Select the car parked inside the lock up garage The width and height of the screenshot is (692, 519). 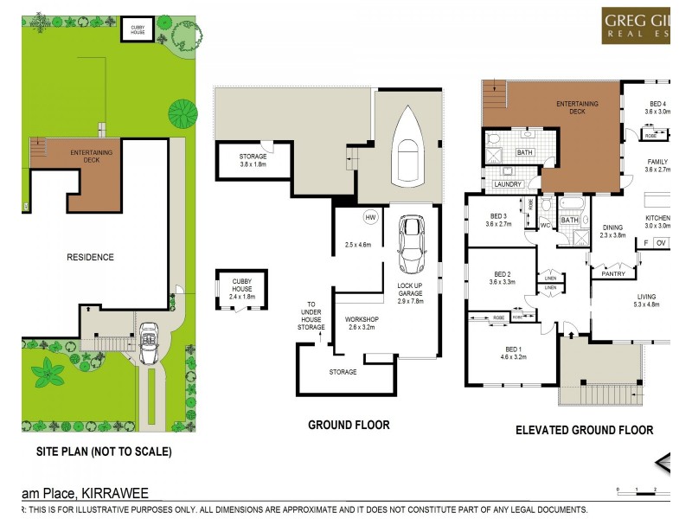point(409,245)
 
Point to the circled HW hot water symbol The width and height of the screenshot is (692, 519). point(371,216)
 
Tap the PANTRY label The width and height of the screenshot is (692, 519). point(613,274)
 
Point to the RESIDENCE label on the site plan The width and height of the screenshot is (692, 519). point(92,257)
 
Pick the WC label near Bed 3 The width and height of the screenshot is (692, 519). point(545,226)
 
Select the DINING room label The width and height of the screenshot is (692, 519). point(613,230)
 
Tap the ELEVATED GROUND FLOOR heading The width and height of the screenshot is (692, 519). point(584,430)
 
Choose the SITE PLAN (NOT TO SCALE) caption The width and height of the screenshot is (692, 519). point(104,452)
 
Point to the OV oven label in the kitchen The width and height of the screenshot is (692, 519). point(662,244)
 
